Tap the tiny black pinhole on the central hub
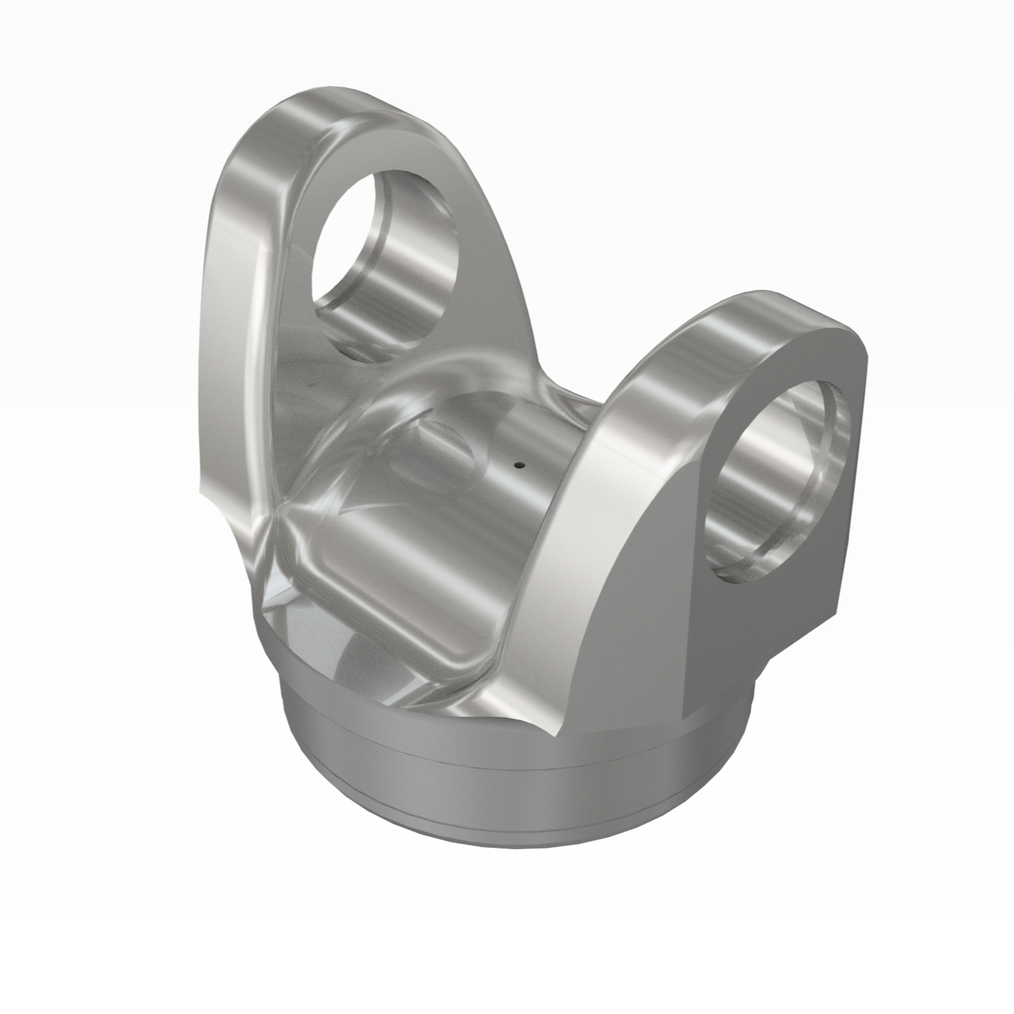(x=519, y=466)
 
